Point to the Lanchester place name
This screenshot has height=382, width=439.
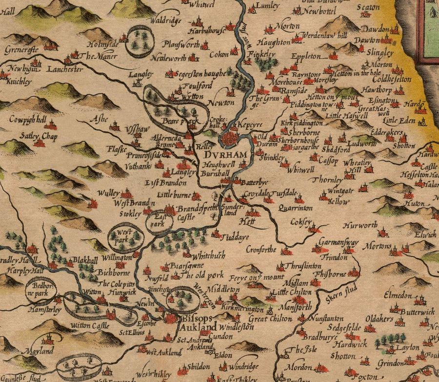(x=65, y=70)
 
